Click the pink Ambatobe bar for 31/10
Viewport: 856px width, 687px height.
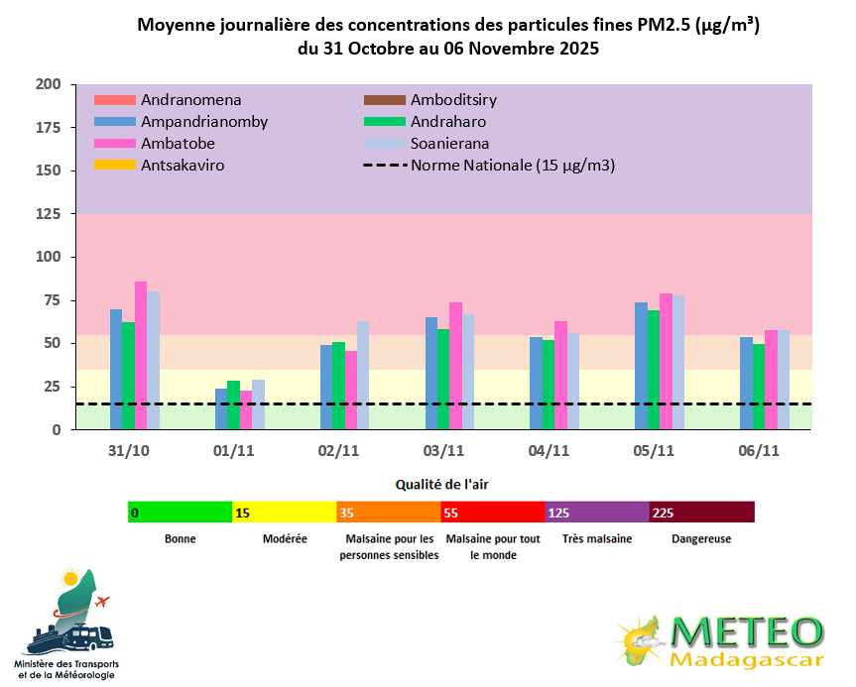(x=141, y=356)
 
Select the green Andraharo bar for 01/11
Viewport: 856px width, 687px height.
(x=233, y=405)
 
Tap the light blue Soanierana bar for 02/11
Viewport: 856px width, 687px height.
(x=363, y=376)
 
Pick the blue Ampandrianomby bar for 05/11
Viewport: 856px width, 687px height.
(x=641, y=366)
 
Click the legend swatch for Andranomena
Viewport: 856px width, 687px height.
(x=114, y=100)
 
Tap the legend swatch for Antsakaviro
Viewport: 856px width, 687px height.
(x=114, y=166)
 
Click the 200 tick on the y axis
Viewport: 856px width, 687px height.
(x=49, y=84)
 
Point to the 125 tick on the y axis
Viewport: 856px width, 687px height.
(x=49, y=214)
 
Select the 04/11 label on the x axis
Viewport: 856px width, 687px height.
(x=549, y=450)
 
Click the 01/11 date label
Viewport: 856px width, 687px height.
(x=234, y=450)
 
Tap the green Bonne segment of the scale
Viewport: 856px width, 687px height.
(x=180, y=512)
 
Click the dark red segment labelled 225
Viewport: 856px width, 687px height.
(x=701, y=512)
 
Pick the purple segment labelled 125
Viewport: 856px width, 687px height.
(x=597, y=512)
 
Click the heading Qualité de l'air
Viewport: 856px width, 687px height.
(x=441, y=485)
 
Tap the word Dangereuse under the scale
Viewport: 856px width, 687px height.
(x=701, y=539)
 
